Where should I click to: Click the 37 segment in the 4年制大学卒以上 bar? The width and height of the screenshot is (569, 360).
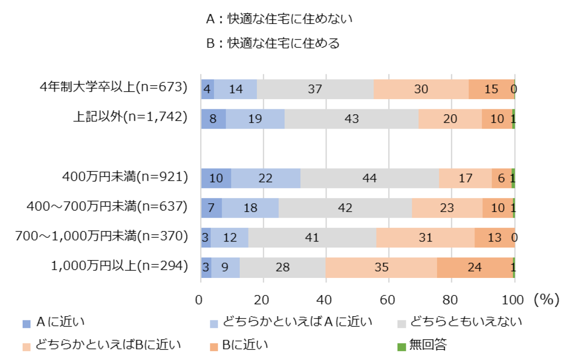pyautogui.click(x=315, y=89)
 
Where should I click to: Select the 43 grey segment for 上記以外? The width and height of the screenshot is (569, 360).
pyautogui.click(x=351, y=118)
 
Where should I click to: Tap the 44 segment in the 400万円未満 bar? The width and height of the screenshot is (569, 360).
pyautogui.click(x=369, y=178)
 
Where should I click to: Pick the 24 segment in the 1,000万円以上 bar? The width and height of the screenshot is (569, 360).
pyautogui.click(x=475, y=267)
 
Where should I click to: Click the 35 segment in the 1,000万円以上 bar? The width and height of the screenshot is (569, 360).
pyautogui.click(x=381, y=267)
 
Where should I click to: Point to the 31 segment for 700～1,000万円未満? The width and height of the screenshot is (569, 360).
pyautogui.click(x=425, y=238)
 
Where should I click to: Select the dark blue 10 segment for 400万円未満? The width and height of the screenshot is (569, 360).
pyautogui.click(x=216, y=178)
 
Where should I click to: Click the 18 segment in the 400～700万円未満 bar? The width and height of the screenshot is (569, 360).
pyautogui.click(x=250, y=208)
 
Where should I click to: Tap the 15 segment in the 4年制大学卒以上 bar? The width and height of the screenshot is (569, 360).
pyautogui.click(x=491, y=89)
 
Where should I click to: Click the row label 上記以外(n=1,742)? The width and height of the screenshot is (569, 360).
pyautogui.click(x=130, y=118)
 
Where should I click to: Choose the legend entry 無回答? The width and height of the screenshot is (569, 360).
pyautogui.click(x=427, y=345)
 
